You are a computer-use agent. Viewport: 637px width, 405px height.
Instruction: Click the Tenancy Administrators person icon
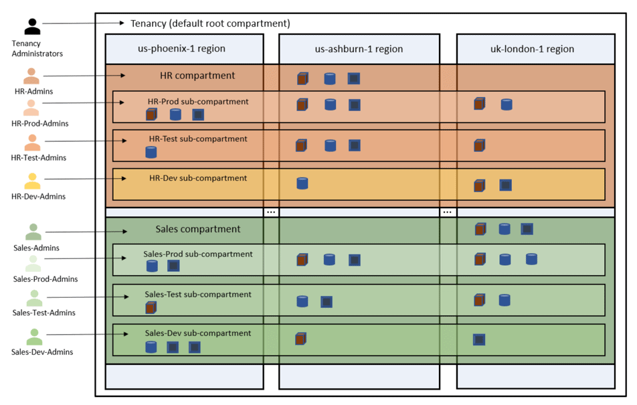click(32, 27)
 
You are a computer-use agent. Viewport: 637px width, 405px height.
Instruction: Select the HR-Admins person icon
click(31, 76)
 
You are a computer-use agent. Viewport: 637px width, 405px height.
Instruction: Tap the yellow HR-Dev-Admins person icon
click(32, 181)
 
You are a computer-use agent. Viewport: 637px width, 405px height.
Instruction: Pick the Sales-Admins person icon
click(33, 232)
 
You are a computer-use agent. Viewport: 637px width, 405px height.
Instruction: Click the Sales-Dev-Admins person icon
click(34, 337)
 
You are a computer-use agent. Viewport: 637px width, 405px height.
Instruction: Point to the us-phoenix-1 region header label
click(185, 49)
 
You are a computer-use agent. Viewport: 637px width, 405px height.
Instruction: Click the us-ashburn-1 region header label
click(359, 49)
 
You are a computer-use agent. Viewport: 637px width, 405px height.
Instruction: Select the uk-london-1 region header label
click(535, 49)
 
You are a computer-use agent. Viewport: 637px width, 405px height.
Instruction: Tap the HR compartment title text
click(197, 76)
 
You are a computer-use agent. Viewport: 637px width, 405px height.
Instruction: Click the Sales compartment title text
click(197, 229)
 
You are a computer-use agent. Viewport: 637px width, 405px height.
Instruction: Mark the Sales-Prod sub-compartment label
click(197, 254)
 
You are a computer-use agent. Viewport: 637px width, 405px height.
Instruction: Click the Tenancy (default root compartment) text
click(210, 23)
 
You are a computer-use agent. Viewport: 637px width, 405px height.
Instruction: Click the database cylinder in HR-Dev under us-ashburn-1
click(302, 183)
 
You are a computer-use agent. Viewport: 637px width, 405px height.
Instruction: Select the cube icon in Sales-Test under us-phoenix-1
click(151, 308)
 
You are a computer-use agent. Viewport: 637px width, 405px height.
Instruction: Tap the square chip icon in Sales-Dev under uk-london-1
click(479, 339)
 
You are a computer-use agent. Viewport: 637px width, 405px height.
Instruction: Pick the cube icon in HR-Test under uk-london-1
click(479, 145)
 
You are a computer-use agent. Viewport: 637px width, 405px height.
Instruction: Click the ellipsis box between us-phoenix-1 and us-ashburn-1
click(271, 212)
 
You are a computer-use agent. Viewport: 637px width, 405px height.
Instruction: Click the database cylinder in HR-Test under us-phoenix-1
click(151, 153)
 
